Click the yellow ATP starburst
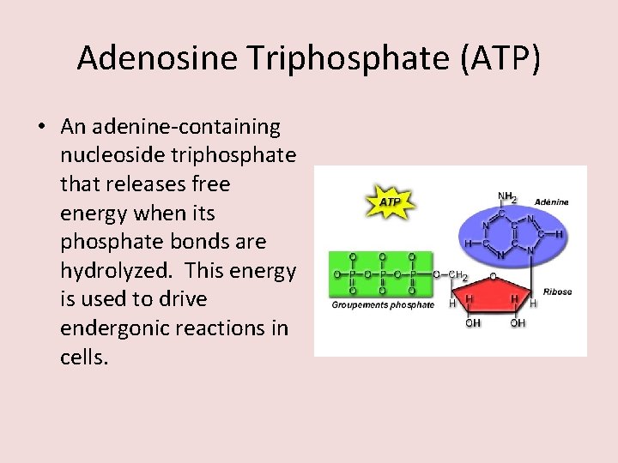pos(390,202)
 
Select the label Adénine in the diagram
pos(551,202)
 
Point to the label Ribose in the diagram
pos(557,292)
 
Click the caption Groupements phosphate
pos(383,305)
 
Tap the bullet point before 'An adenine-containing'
pos(42,128)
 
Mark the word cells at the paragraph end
pos(84,357)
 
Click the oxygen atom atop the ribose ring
pos(492,276)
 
